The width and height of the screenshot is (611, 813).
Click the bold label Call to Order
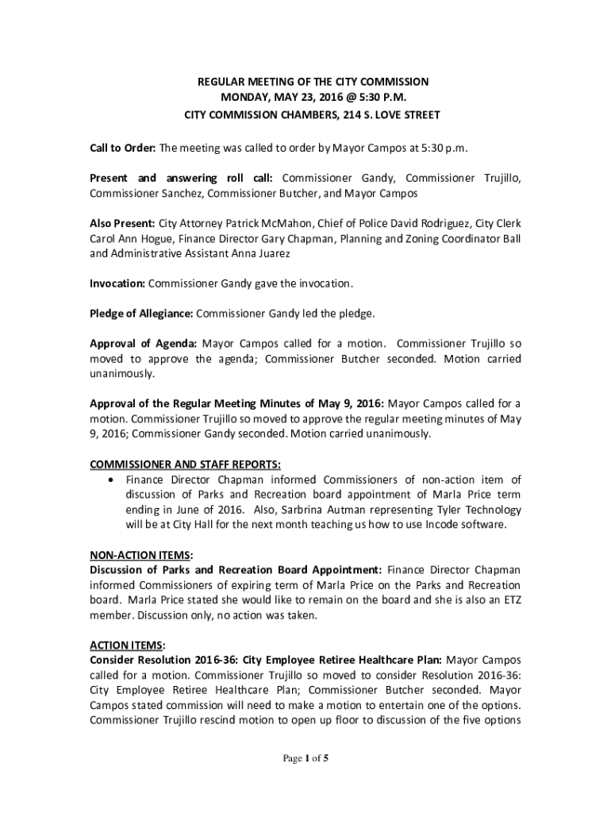coord(123,148)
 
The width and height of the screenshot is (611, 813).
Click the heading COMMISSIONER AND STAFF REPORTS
coord(185,464)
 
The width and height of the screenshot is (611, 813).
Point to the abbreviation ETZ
coord(512,599)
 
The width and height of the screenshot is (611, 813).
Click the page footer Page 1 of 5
coord(305,759)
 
